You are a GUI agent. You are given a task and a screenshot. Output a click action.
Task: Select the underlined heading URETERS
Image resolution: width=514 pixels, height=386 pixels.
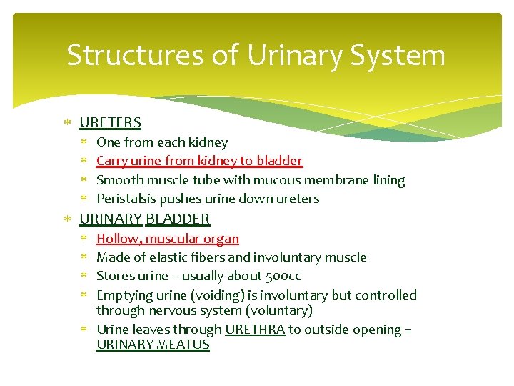[x=110, y=123]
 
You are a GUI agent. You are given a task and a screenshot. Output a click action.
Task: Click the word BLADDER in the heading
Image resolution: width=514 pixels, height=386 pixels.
[x=178, y=219]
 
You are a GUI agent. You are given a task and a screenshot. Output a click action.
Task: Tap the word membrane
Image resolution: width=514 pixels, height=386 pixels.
[x=341, y=180]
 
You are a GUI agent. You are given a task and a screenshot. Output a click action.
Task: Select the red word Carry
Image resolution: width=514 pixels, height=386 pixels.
[x=111, y=162]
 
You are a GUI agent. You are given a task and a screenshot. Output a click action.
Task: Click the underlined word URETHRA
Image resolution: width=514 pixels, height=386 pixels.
[x=255, y=330]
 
